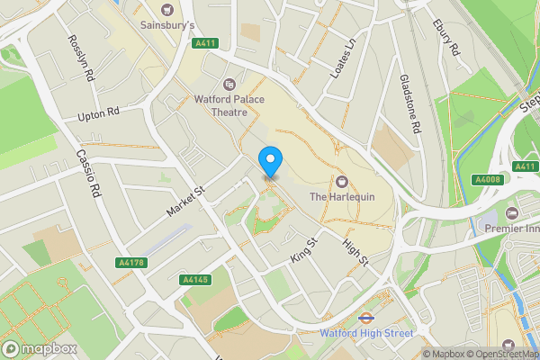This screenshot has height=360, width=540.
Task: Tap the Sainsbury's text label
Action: (167, 26)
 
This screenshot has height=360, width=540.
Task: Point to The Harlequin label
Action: (341, 196)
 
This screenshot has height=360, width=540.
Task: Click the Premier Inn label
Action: (511, 229)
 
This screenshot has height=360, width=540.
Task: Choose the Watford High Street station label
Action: (366, 332)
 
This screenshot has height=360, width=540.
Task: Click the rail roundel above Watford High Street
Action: (365, 317)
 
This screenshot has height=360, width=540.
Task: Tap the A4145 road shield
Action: (195, 280)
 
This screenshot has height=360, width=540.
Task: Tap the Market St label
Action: (186, 202)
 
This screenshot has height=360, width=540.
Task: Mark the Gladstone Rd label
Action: (410, 104)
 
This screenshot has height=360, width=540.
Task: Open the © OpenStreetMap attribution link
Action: (494, 353)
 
